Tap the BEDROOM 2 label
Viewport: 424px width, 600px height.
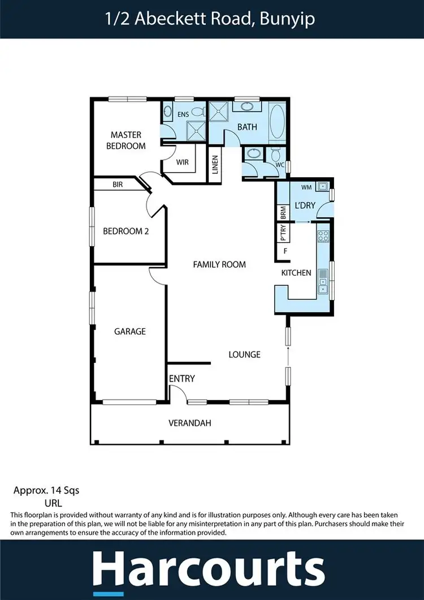coord(126,231)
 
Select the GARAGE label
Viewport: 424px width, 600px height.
coord(130,331)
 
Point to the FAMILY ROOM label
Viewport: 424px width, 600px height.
coord(219,264)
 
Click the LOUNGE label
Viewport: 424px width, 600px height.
coord(244,354)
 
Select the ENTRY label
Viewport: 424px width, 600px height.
coord(181,379)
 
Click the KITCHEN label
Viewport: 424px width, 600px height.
coord(296,273)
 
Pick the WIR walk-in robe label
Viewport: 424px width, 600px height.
coord(182,162)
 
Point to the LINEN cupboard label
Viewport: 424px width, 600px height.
coord(215,165)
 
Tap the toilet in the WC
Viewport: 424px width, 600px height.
coord(276,154)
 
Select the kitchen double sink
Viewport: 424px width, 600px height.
coord(323,281)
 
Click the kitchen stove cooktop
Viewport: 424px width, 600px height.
coord(323,235)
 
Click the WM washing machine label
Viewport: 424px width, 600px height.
coord(306,186)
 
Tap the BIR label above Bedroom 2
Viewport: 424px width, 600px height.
coord(118,185)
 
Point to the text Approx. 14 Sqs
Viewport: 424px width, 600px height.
coord(46,490)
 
